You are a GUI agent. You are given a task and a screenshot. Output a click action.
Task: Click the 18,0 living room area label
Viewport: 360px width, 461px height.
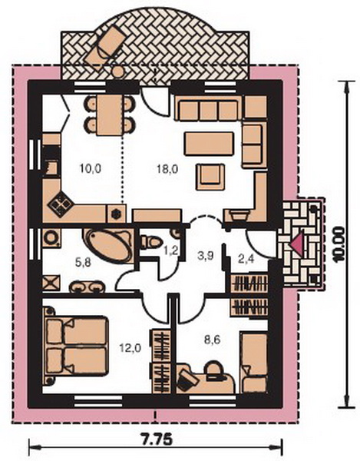[167, 169]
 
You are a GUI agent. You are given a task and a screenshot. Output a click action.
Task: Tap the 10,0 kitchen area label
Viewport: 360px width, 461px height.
[90, 168]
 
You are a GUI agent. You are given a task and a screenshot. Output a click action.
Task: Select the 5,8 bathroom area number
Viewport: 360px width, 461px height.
[83, 263]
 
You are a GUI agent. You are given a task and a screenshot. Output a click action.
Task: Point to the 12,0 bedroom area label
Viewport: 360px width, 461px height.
[130, 348]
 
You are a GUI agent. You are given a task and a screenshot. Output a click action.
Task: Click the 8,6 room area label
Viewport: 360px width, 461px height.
[212, 340]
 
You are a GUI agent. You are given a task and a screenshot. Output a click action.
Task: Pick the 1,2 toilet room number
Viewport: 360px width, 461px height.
[170, 250]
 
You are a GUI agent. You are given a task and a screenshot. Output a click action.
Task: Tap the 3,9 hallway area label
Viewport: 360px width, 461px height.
[205, 256]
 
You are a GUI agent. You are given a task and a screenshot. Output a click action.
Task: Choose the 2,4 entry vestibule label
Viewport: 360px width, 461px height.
[246, 260]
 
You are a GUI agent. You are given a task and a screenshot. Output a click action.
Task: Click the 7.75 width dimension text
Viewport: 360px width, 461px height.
[155, 440]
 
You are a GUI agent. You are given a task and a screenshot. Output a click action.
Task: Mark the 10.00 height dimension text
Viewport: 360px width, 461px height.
[339, 244]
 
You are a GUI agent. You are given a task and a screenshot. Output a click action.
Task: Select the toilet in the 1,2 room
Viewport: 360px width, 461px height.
[151, 242]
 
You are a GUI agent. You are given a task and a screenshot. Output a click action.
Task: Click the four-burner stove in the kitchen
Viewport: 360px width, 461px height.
[61, 204]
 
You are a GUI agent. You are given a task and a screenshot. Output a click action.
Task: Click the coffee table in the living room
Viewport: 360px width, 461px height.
[209, 144]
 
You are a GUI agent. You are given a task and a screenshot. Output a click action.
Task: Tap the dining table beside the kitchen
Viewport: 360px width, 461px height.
[109, 115]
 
